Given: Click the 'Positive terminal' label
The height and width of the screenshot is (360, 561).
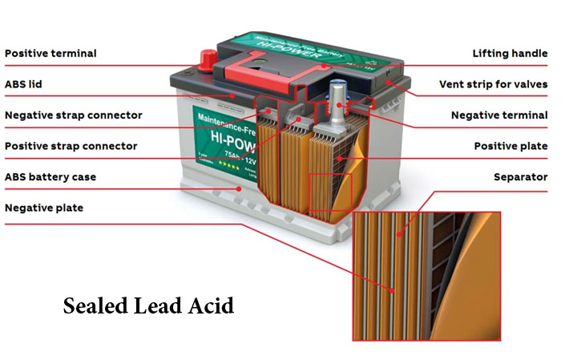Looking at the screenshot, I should [50, 54].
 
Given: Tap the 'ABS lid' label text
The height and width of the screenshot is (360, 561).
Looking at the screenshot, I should [26, 84].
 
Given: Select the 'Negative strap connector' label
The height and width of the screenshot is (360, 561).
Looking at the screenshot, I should [73, 115].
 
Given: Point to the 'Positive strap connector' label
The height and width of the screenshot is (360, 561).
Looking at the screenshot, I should [71, 146].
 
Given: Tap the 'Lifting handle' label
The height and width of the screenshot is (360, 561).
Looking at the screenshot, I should [509, 54].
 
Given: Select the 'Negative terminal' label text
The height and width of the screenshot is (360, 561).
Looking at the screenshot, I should [499, 115].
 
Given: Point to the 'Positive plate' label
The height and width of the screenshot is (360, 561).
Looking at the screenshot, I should [511, 146].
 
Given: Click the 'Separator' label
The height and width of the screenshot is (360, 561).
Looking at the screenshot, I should [521, 176].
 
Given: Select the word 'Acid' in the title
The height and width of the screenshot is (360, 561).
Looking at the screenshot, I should [212, 306].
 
